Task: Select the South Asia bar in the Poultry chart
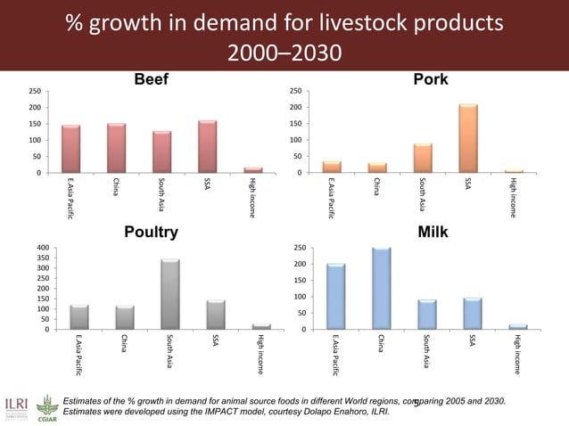(170, 294)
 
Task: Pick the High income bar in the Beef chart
(253, 169)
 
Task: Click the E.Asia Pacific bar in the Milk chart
(336, 297)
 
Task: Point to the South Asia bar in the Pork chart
(423, 158)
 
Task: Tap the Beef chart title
(151, 81)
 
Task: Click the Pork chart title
(431, 81)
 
